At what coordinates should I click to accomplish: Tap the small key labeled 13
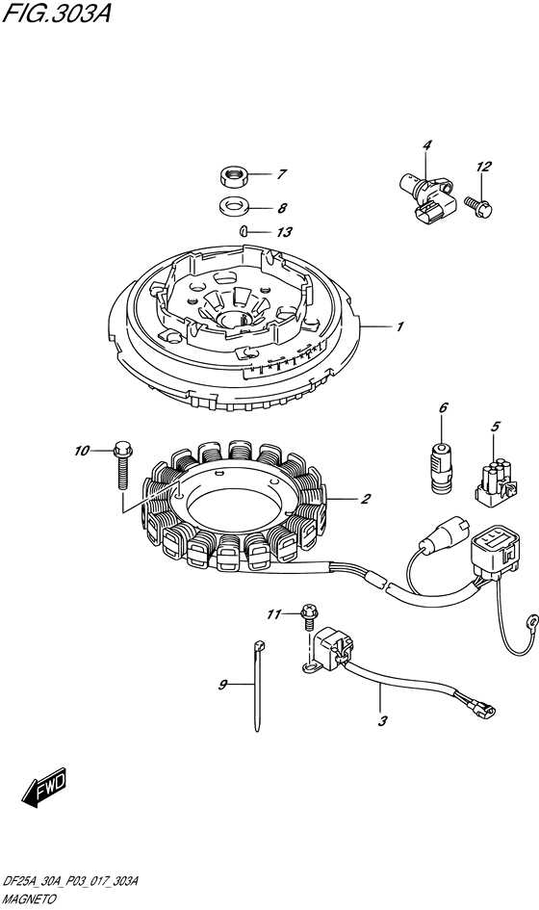click(244, 231)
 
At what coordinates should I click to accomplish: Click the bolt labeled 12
click(477, 207)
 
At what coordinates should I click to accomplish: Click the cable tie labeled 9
click(256, 685)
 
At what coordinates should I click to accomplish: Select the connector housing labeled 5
click(497, 483)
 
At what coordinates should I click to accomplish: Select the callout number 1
click(399, 326)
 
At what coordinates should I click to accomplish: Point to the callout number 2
click(365, 499)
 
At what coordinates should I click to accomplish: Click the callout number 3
click(382, 721)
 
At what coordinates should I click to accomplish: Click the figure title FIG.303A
click(56, 13)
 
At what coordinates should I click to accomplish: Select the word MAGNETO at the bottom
click(29, 900)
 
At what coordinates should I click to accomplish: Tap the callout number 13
click(284, 232)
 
